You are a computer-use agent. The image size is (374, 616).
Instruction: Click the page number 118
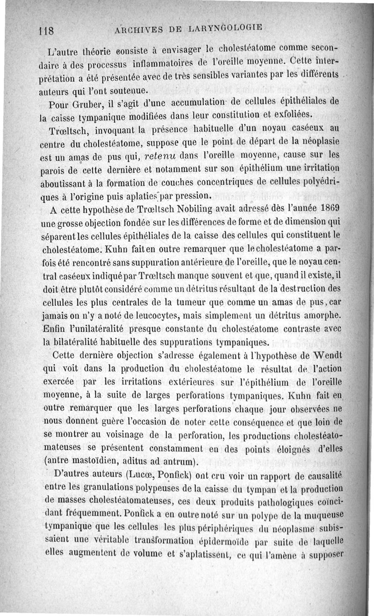[x=47, y=32]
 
